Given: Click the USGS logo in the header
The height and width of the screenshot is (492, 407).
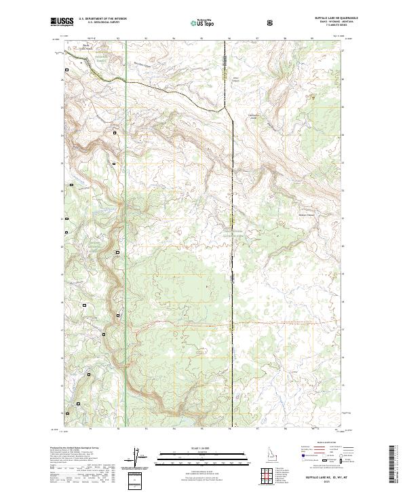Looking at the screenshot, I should coord(62,22).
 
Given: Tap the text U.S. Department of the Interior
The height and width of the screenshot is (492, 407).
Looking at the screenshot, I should coord(102,20).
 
